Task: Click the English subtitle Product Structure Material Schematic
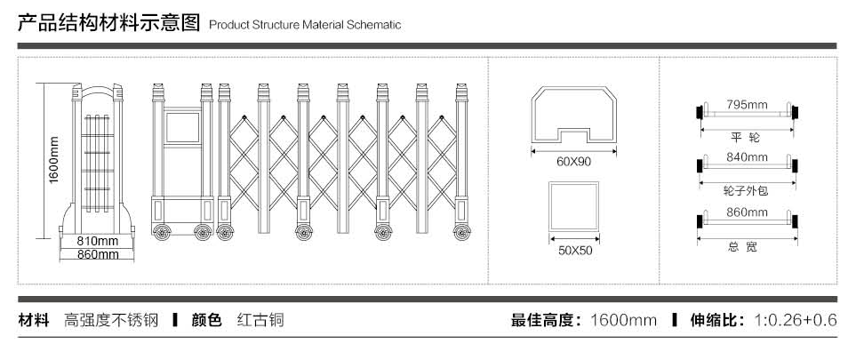click(305, 25)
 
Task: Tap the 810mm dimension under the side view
click(97, 241)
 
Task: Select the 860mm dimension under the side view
click(97, 254)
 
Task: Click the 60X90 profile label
click(573, 162)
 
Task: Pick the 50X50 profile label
click(573, 250)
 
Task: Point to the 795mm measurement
click(747, 105)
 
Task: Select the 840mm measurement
click(747, 157)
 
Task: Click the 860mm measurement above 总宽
click(747, 212)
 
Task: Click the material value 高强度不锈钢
click(111, 320)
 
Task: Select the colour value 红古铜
click(260, 320)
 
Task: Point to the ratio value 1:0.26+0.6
click(796, 320)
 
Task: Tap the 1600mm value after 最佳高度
click(623, 320)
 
